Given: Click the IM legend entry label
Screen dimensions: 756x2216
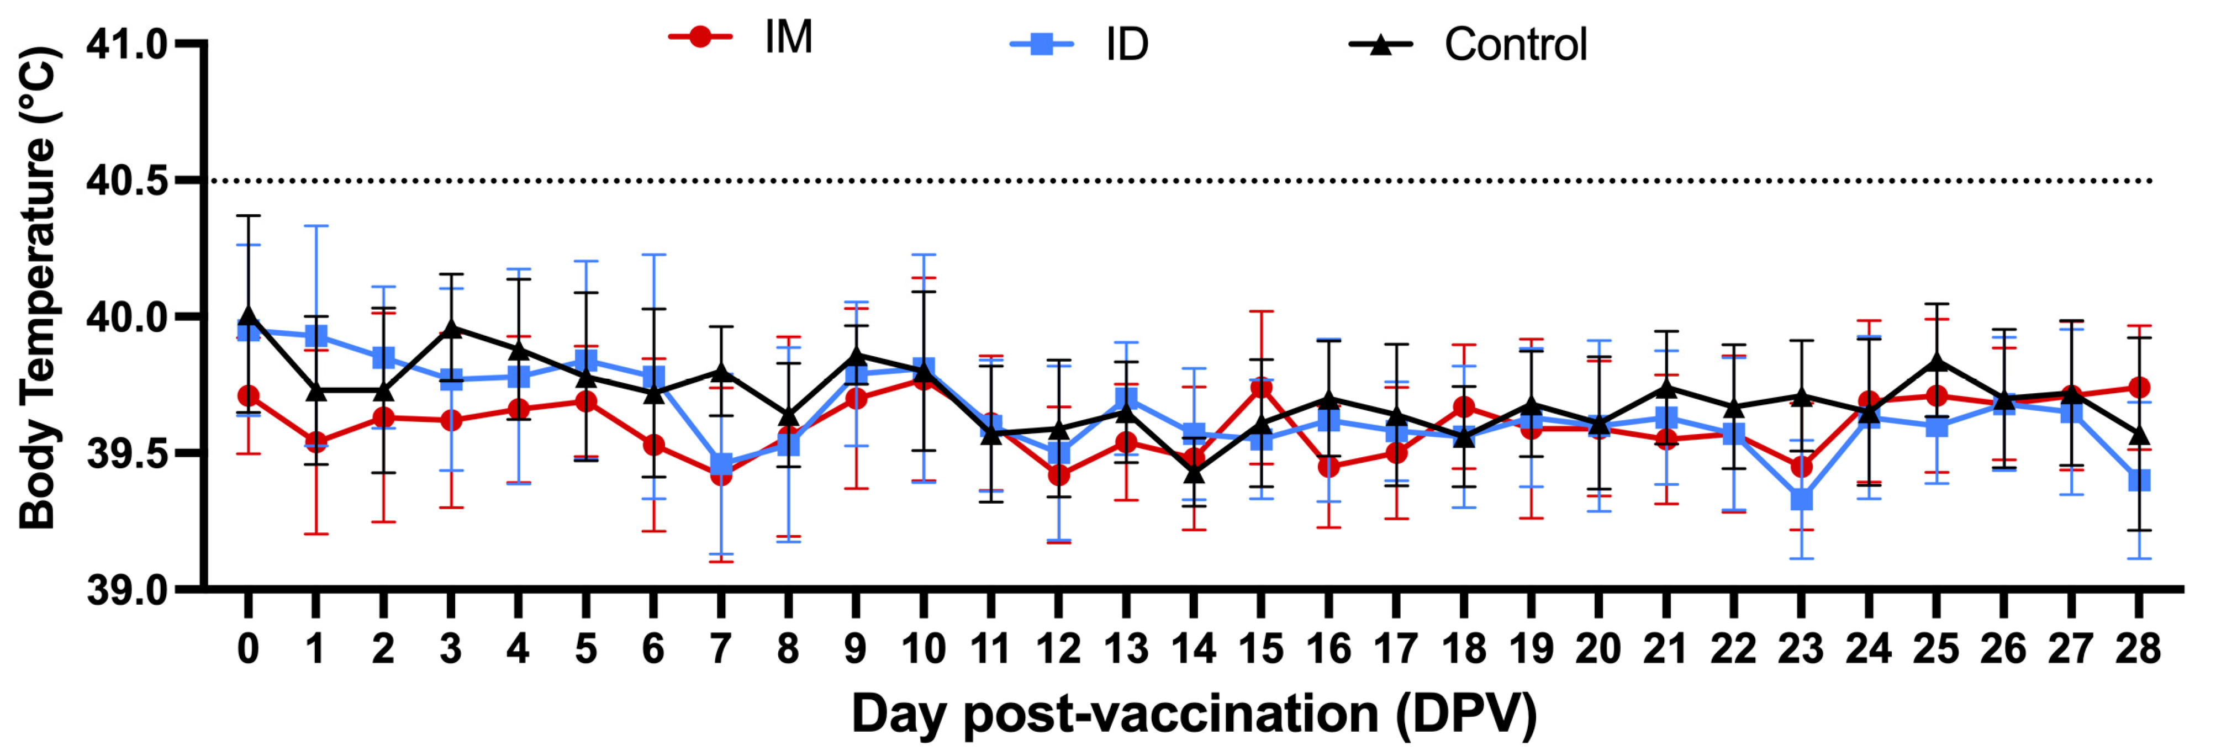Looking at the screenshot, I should (x=788, y=38).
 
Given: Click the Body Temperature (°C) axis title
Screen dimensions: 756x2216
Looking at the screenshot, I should (x=38, y=288).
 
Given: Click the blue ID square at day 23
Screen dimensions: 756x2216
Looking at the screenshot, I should (x=1801, y=499).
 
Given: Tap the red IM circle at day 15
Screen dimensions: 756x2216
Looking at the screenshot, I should (x=1261, y=388).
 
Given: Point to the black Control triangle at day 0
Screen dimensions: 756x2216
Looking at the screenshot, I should (x=249, y=315).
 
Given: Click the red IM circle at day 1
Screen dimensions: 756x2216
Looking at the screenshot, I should (x=316, y=442).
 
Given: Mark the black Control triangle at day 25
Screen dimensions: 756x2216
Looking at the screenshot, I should (x=1937, y=361).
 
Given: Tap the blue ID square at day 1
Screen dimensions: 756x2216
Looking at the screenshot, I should (x=316, y=335).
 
